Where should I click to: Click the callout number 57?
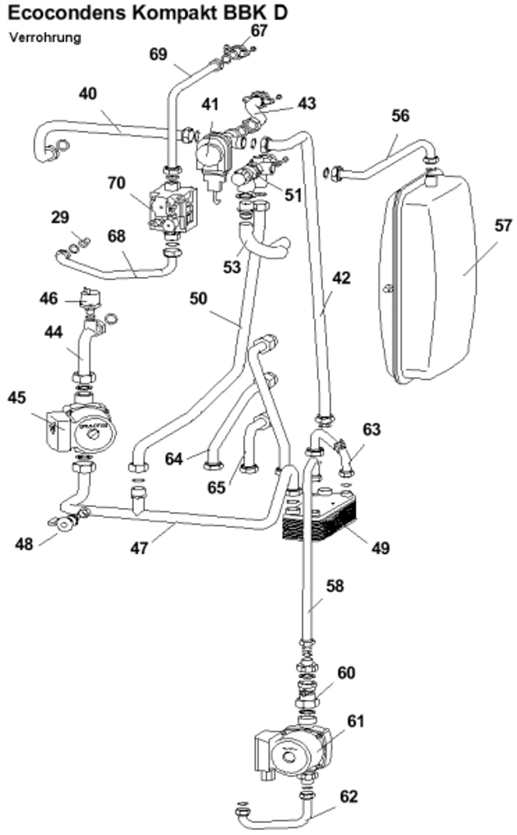(503, 226)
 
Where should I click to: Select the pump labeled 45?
(81, 428)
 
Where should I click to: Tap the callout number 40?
(87, 94)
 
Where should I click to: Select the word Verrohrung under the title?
(45, 38)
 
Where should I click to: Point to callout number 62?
(349, 797)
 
